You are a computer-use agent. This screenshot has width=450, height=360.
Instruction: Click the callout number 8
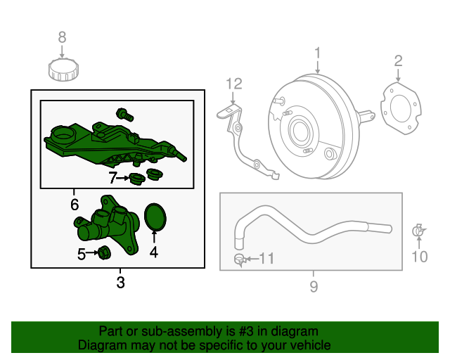click(x=62, y=37)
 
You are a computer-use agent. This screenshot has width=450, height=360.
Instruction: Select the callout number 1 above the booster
click(x=317, y=53)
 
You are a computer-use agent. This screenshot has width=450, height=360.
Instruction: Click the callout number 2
click(x=398, y=60)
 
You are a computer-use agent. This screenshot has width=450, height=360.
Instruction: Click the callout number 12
click(x=233, y=84)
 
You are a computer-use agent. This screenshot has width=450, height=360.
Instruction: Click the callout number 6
click(x=74, y=205)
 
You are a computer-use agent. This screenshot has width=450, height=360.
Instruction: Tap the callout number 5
click(x=82, y=253)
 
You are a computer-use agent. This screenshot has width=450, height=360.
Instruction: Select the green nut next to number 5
click(x=104, y=253)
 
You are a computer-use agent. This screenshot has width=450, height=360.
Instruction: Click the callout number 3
click(x=120, y=283)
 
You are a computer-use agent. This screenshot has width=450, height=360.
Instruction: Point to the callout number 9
click(x=314, y=286)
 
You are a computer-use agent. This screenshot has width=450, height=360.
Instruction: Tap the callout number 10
click(x=419, y=257)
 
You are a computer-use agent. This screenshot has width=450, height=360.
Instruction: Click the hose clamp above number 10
click(x=418, y=231)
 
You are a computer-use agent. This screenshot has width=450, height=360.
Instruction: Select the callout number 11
click(x=265, y=259)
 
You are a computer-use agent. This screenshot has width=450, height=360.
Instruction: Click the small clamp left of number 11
click(x=240, y=261)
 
